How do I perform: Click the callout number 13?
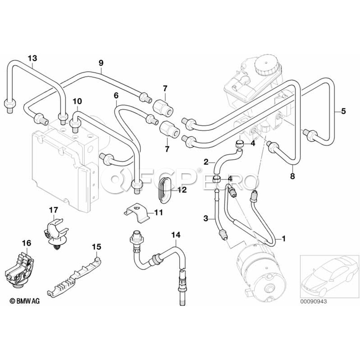tap(32, 58)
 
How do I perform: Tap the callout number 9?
tap(101, 62)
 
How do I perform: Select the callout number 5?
tap(343, 112)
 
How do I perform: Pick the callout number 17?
tap(54, 210)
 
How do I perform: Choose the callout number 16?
tap(26, 242)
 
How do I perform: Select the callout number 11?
tap(158, 213)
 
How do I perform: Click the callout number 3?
tap(206, 218)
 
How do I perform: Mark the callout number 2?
tap(206, 162)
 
